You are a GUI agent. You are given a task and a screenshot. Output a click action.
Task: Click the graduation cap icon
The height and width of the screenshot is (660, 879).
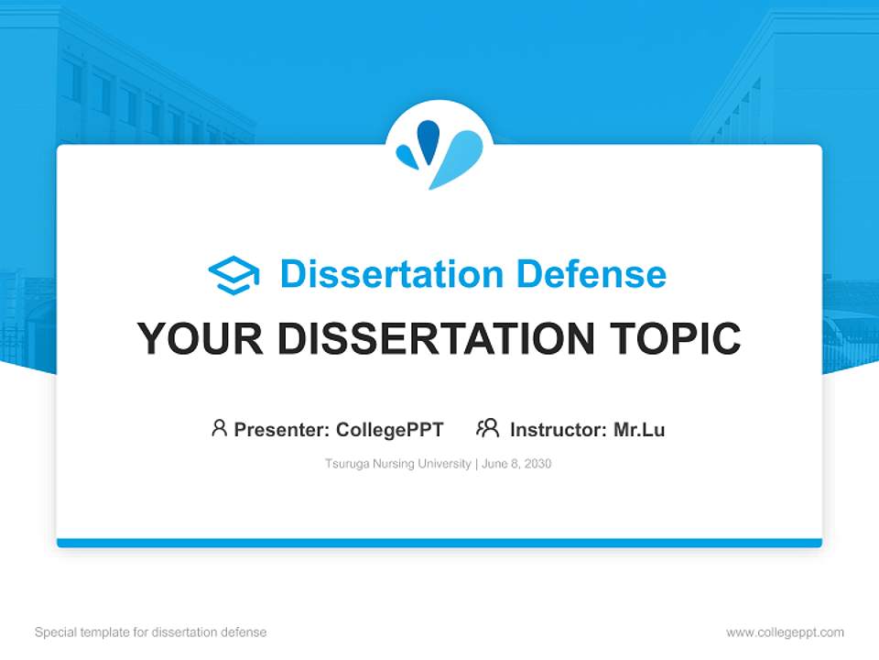point(233,275)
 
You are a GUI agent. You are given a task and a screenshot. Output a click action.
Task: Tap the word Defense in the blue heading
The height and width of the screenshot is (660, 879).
point(591,274)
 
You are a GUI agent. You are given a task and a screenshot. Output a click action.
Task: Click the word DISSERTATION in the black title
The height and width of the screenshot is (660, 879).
point(436,338)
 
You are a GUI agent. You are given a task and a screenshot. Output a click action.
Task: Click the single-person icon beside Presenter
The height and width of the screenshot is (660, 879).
point(219,428)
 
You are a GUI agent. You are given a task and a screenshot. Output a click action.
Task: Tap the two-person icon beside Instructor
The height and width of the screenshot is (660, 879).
point(488,428)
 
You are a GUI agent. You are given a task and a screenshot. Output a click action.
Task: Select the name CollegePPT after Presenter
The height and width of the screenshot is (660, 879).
point(390,430)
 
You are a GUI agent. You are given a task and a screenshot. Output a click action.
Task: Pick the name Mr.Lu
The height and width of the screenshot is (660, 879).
point(639,430)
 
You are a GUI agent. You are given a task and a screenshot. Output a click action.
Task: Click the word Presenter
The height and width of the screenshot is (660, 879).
point(281,430)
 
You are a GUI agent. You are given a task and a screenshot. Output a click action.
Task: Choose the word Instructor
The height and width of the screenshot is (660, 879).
point(559,430)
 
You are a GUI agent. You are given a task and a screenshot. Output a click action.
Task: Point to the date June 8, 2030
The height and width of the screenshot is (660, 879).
point(516,464)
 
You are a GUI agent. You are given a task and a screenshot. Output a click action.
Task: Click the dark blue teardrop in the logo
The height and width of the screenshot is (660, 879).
point(429,141)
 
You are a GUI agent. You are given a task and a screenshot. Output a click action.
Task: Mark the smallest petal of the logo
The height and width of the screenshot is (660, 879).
point(407,156)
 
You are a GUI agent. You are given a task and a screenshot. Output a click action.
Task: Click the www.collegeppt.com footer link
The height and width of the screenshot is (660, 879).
point(785,632)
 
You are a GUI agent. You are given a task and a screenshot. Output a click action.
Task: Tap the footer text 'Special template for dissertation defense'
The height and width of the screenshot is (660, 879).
point(151,632)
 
